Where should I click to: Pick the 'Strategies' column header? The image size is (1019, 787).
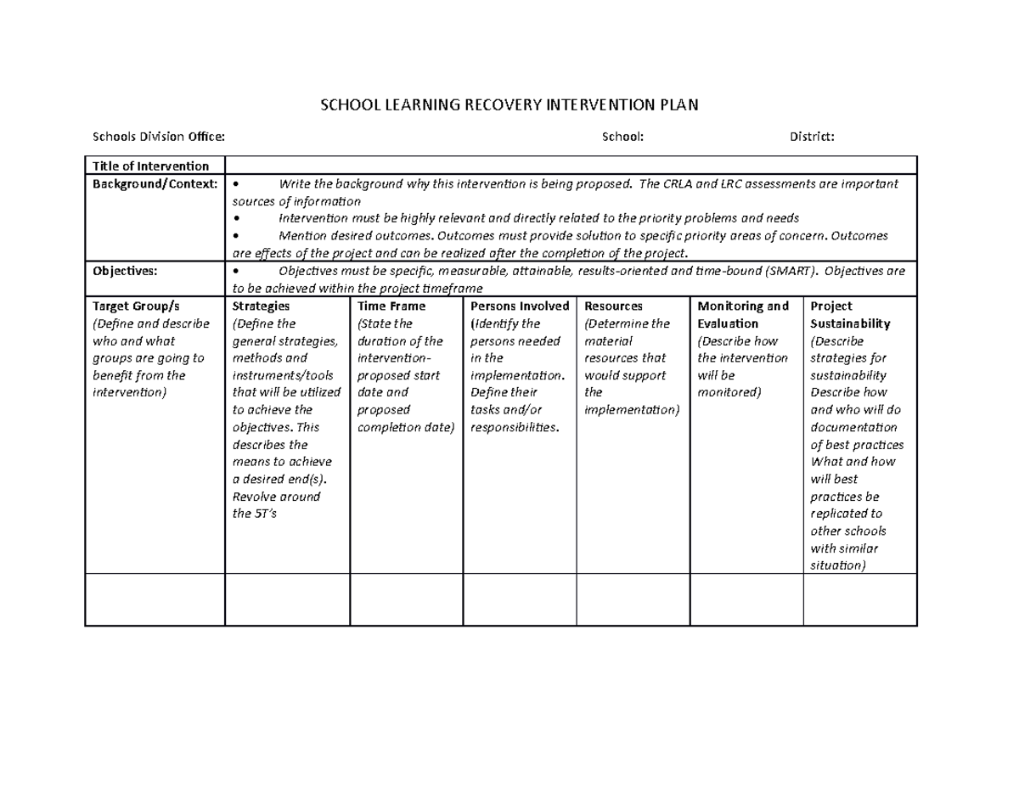261,306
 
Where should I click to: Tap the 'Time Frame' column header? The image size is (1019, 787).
391,306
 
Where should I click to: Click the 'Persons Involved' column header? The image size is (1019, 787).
520,306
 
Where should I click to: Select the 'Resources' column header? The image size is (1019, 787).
614,306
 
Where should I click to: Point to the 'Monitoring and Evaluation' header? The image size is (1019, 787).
742,314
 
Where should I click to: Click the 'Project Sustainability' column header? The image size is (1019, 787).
850,314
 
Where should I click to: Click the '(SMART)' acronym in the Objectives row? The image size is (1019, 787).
792,270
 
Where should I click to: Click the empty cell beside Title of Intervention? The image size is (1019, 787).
571,166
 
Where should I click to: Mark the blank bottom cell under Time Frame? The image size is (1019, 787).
407,599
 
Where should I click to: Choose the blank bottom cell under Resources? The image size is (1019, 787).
633,599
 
